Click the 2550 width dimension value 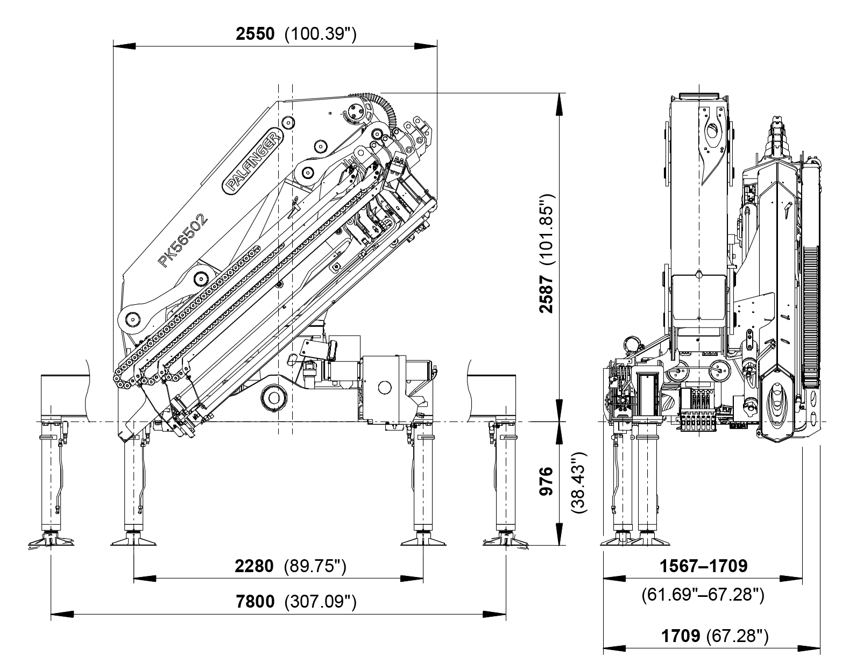pos(256,34)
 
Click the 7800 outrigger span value pos(256,601)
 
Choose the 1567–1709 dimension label pos(703,566)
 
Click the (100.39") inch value pos(320,34)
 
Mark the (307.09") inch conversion pos(320,601)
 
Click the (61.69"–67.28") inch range pos(703,595)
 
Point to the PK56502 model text pos(182,240)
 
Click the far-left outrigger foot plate pos(51,540)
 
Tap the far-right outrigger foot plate pos(505,540)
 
